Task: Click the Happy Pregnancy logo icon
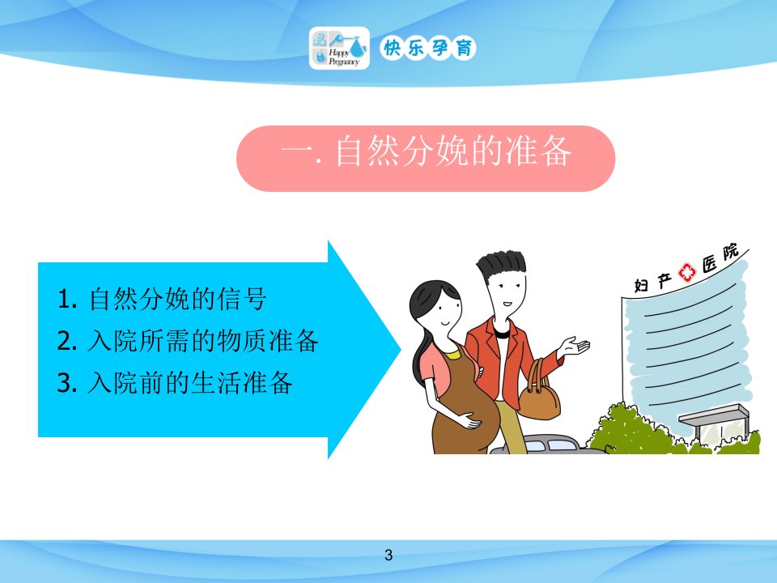[339, 48]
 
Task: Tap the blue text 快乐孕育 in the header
[428, 48]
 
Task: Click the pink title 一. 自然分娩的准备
[426, 151]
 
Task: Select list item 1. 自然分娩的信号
[162, 299]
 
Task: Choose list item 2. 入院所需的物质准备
[188, 341]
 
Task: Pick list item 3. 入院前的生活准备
[175, 382]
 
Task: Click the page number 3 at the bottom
[388, 555]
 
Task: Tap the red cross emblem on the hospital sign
[687, 272]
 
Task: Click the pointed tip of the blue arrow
[401, 350]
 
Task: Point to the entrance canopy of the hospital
[714, 415]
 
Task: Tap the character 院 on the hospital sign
[731, 252]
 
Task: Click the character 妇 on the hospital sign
[641, 285]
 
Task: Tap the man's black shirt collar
[502, 333]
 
